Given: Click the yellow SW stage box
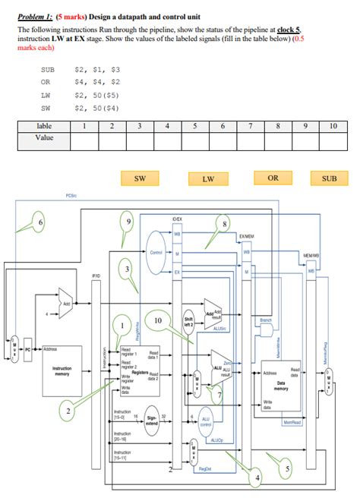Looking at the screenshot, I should pos(140,179).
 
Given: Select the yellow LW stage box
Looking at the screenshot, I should pos(207,180).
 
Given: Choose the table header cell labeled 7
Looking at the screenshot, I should pos(250,126).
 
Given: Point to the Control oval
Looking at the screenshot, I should pos(156,252).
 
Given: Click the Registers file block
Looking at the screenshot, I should pos(140,372).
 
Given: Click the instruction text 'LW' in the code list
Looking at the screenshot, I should pos(46,95).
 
